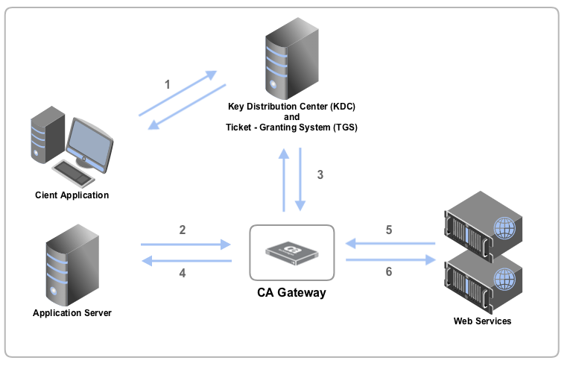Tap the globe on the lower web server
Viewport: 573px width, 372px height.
(x=504, y=277)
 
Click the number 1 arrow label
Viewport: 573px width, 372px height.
(x=167, y=84)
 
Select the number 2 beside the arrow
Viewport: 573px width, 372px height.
(x=183, y=230)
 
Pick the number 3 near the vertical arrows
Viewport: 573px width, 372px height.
(x=320, y=175)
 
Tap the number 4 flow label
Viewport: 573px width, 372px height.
(x=183, y=273)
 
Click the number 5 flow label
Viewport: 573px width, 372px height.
(x=389, y=230)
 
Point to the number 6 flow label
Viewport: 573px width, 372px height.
(x=389, y=272)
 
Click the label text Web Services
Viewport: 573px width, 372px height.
(x=482, y=321)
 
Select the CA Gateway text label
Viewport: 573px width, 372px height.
(x=291, y=293)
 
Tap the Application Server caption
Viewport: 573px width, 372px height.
(x=72, y=313)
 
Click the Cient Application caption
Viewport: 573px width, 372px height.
(x=72, y=195)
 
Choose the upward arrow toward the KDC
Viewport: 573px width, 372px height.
(x=284, y=180)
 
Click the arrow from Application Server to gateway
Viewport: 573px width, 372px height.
(x=186, y=244)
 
